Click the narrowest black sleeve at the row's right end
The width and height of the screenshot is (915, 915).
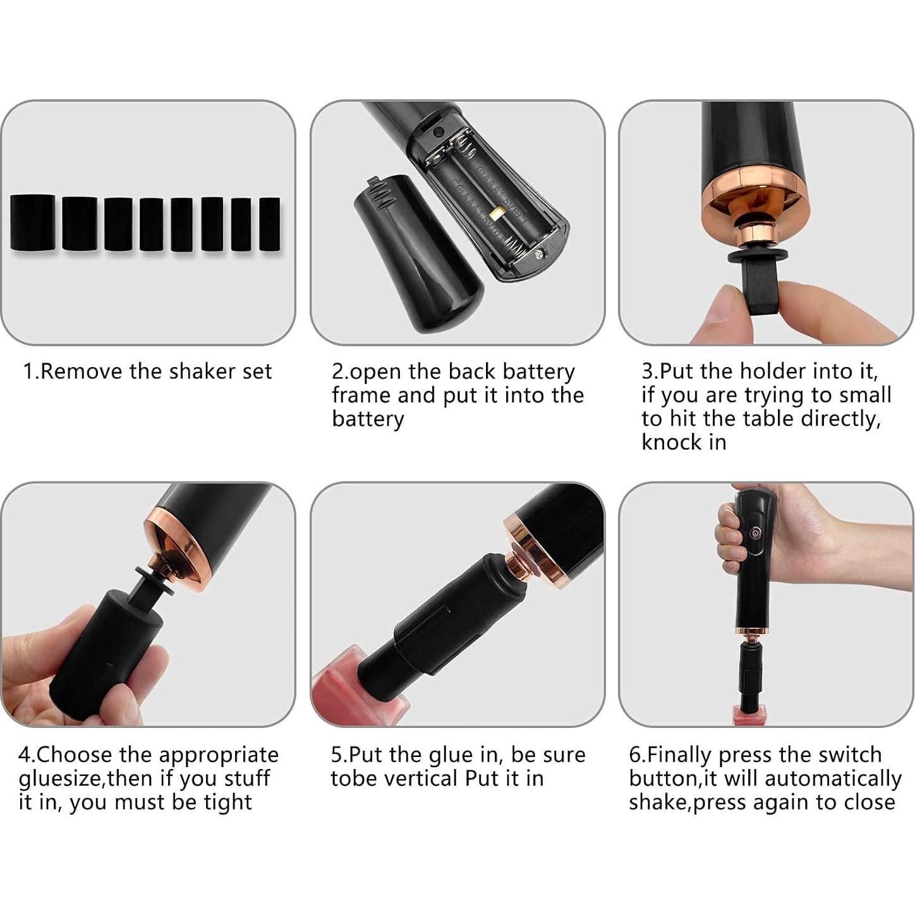270,224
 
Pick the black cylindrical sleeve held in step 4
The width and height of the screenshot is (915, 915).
101,657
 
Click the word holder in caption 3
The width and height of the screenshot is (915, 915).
775,371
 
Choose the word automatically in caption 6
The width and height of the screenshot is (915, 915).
832,779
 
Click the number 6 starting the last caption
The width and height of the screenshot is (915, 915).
634,755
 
